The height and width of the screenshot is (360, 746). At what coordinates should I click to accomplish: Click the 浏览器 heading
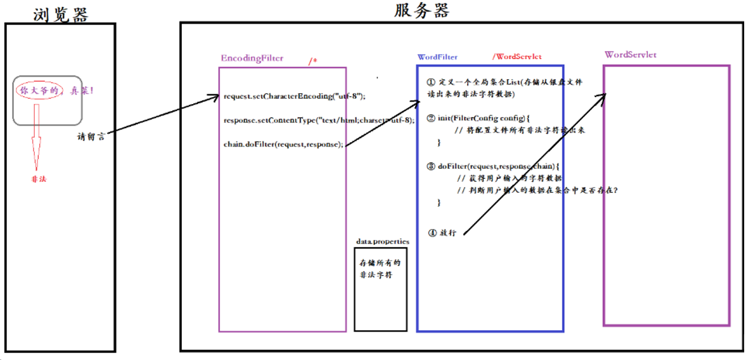point(61,14)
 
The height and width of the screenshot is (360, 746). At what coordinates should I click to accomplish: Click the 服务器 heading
point(421,11)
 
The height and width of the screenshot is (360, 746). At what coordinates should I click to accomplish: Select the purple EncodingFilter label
point(252,58)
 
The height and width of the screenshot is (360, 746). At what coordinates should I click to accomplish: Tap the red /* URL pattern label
point(312,61)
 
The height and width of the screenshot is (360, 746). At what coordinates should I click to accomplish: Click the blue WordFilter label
point(437,57)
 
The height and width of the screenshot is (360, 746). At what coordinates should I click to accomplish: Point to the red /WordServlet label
point(517,57)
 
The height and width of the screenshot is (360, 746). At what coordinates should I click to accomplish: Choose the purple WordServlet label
point(630,55)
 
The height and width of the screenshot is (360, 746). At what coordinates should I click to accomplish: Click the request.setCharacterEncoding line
point(295,96)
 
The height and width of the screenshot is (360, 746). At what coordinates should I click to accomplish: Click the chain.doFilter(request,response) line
point(283,144)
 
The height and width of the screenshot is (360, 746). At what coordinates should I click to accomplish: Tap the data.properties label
point(382,241)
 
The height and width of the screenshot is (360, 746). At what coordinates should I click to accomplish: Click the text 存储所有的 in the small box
point(380,262)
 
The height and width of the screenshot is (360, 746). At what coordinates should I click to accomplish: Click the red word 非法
point(39,179)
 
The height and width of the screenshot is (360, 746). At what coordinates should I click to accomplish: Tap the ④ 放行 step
point(442,233)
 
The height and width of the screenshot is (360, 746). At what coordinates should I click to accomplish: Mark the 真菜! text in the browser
point(82,91)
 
